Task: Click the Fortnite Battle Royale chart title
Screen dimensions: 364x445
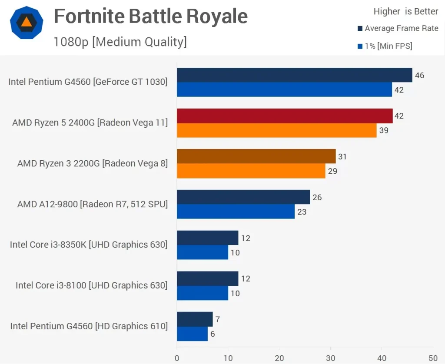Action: coord(150,17)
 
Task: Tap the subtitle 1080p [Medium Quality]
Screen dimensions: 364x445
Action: coord(120,42)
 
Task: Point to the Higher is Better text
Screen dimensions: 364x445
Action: coord(406,12)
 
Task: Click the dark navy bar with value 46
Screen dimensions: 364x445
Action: coord(294,75)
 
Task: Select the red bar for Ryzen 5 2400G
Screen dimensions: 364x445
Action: coord(285,116)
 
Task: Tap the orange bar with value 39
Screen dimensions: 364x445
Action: coord(276,130)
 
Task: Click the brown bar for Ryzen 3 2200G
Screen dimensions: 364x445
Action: coord(256,156)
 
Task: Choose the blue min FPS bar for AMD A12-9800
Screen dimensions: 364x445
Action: coord(236,212)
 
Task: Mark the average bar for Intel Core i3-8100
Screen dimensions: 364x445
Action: coord(207,278)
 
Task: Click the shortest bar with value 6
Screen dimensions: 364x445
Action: coord(192,334)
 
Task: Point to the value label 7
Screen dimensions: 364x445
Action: coord(217,320)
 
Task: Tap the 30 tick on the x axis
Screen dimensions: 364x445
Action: coord(330,358)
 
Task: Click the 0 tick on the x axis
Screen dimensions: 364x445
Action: coord(177,358)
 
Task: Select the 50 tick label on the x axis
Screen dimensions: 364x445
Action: coord(433,358)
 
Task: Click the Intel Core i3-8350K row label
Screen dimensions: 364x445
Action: coord(89,245)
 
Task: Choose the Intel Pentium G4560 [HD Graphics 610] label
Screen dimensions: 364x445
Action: coord(89,326)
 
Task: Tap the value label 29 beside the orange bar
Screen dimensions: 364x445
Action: coord(332,171)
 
